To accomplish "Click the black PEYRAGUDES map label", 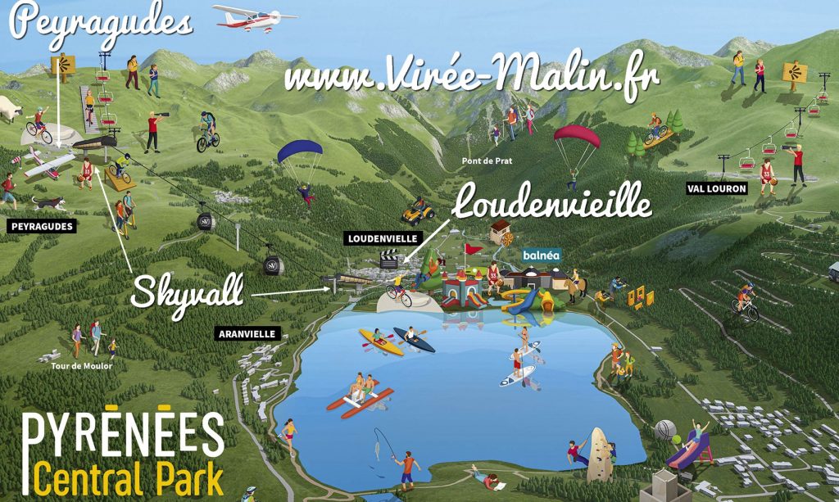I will [40, 226].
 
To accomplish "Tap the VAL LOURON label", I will [717, 188].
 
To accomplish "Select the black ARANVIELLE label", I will [247, 333].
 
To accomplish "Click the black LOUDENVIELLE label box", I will [381, 239].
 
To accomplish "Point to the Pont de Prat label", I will [487, 161].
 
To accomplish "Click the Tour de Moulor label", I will [80, 366].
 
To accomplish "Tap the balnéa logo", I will [542, 255].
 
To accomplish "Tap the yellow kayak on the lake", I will [381, 341].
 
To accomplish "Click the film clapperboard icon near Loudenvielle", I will [388, 260].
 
